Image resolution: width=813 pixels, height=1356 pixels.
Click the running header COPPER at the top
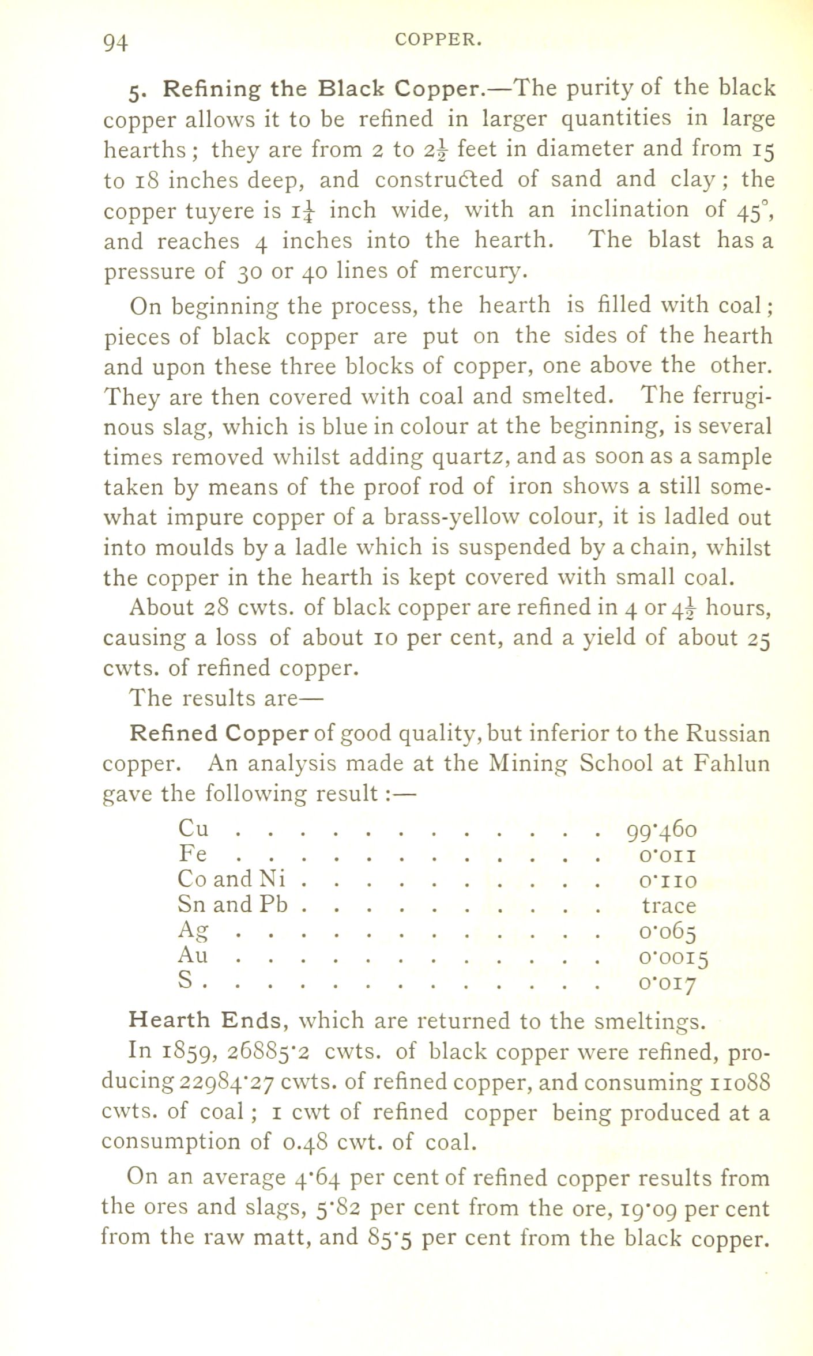pos(438,40)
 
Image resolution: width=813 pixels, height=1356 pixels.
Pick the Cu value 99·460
pos(661,830)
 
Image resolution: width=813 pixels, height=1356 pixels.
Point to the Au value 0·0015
pos(673,957)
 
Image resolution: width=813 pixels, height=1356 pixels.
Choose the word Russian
pos(728,734)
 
